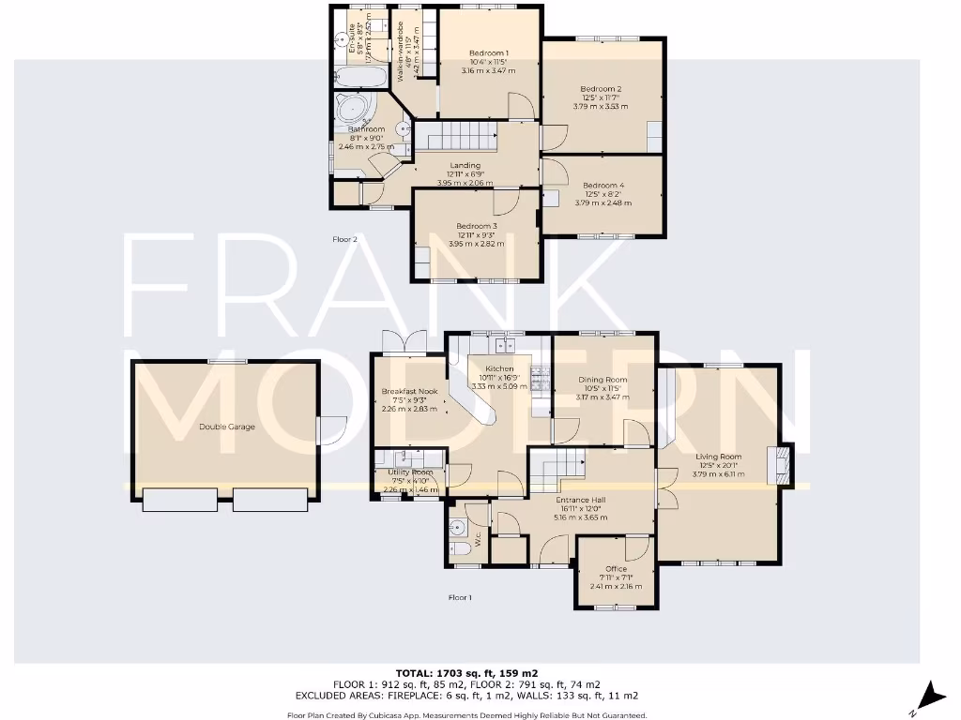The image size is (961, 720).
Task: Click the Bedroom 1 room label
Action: [489, 52]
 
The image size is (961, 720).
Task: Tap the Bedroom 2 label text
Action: [601, 89]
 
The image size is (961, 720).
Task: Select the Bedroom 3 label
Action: [477, 226]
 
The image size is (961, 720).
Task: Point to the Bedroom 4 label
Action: [603, 186]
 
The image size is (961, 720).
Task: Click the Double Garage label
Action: [226, 427]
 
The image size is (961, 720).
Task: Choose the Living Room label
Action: [719, 457]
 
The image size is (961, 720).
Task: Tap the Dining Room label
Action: [603, 380]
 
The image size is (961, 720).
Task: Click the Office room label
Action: [616, 569]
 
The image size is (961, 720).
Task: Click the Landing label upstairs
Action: [465, 166]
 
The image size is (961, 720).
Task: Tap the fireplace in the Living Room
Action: [779, 465]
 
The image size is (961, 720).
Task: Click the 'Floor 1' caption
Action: [460, 597]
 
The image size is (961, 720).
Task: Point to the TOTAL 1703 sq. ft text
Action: [480, 672]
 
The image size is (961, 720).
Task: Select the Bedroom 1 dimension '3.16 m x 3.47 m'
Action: [489, 70]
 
